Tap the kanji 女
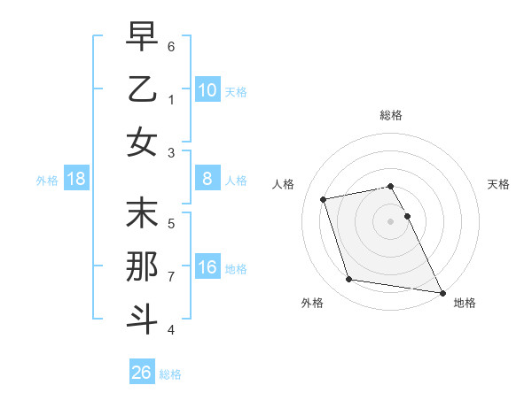click(x=142, y=143)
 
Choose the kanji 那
click(x=142, y=267)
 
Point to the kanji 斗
click(x=142, y=319)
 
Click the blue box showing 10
click(x=207, y=90)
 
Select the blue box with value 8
click(x=207, y=180)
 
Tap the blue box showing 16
click(x=207, y=268)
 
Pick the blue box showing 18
click(x=75, y=180)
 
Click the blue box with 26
click(x=141, y=373)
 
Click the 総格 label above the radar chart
click(x=391, y=115)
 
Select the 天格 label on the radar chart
click(x=499, y=184)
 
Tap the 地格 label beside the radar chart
click(x=465, y=303)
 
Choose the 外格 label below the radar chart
click(x=312, y=303)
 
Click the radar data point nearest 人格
click(x=324, y=198)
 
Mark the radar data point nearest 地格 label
click(x=441, y=291)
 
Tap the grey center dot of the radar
click(x=391, y=220)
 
